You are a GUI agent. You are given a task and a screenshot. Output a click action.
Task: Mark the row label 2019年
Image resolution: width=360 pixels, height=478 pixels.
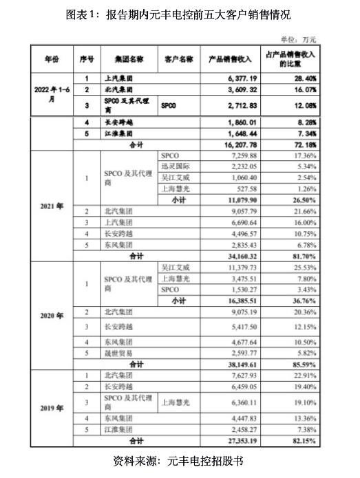52,407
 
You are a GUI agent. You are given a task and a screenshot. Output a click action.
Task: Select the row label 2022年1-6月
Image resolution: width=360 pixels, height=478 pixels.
52,94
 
